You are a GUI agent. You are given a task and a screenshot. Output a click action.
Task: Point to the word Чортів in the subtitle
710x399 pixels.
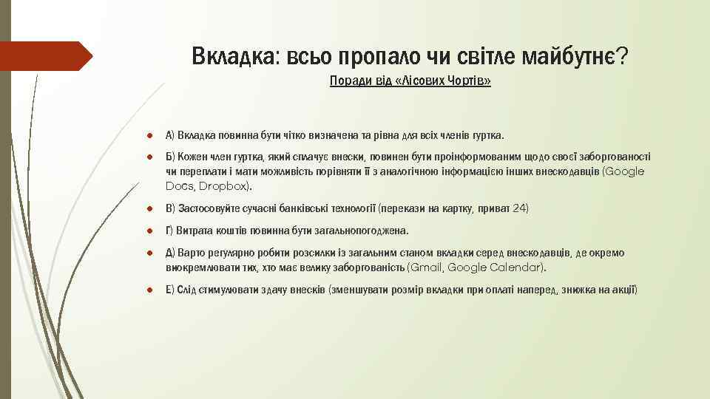coord(463,81)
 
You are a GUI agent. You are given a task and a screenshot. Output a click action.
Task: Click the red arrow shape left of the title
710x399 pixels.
coord(44,56)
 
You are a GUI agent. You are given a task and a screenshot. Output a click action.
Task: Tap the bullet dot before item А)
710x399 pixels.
coord(149,135)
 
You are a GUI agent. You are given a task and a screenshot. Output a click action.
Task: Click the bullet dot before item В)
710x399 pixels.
coord(149,208)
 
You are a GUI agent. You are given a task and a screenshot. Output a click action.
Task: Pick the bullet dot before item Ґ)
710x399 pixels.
coord(149,231)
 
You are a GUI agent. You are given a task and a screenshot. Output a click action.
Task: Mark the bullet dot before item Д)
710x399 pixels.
coord(149,253)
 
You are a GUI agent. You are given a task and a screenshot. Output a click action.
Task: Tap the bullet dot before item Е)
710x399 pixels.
coord(149,289)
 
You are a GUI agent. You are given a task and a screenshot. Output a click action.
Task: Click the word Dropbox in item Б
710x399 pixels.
coord(224,185)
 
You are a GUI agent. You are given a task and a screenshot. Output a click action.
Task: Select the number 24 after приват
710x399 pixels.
coord(521,208)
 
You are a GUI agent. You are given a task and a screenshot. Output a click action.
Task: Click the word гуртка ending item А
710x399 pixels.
coord(486,135)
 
